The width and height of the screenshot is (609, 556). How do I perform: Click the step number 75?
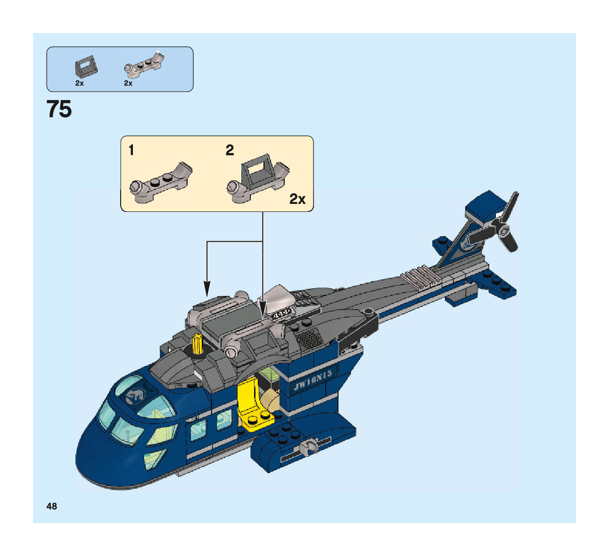coord(59,110)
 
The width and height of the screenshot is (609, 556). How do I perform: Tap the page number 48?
coord(52,506)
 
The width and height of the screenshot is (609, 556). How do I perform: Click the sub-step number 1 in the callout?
coord(131,151)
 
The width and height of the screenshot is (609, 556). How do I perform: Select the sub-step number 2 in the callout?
coord(230,151)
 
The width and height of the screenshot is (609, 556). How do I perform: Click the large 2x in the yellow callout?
coord(297,199)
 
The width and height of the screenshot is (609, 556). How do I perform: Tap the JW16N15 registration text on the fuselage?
coord(313,379)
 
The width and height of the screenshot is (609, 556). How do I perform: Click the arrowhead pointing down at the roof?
coord(206,289)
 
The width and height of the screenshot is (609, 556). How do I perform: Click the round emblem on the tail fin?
coord(468,243)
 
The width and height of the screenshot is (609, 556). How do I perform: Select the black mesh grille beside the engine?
coord(309,339)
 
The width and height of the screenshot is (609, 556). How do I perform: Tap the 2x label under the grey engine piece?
coord(128,83)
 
